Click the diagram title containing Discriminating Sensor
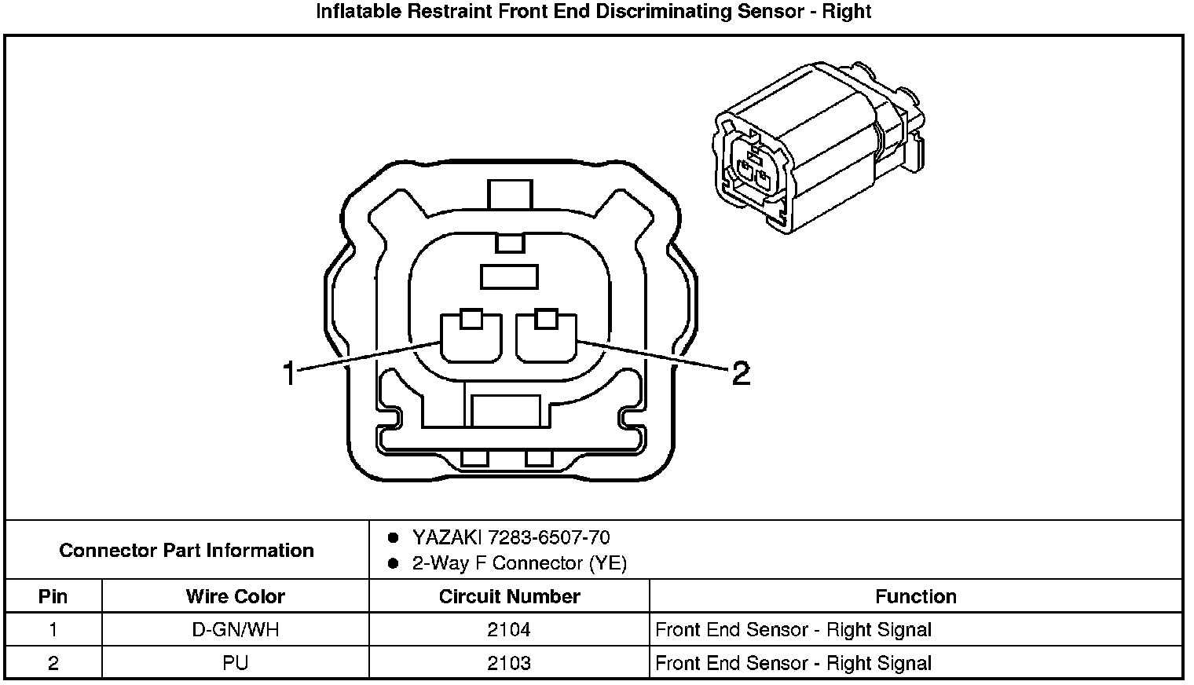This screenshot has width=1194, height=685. [594, 12]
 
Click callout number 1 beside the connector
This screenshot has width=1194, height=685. [290, 373]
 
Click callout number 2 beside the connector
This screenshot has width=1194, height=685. [740, 373]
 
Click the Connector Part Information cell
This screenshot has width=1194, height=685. [187, 550]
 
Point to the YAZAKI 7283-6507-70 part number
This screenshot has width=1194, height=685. [511, 538]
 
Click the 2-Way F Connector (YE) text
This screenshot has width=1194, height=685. [519, 563]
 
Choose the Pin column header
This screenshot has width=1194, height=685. [53, 596]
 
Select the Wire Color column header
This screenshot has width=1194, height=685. [235, 596]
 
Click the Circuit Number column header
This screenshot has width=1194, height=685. [509, 596]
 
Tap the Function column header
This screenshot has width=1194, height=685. [915, 596]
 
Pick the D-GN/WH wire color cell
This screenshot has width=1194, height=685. [235, 630]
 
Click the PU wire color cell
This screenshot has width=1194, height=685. [235, 664]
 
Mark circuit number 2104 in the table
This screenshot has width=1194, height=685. [509, 630]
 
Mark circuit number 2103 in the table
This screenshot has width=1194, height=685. [509, 664]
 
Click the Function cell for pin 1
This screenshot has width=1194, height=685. [793, 630]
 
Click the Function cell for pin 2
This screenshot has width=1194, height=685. [793, 664]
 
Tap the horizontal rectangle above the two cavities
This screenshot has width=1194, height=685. [509, 277]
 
